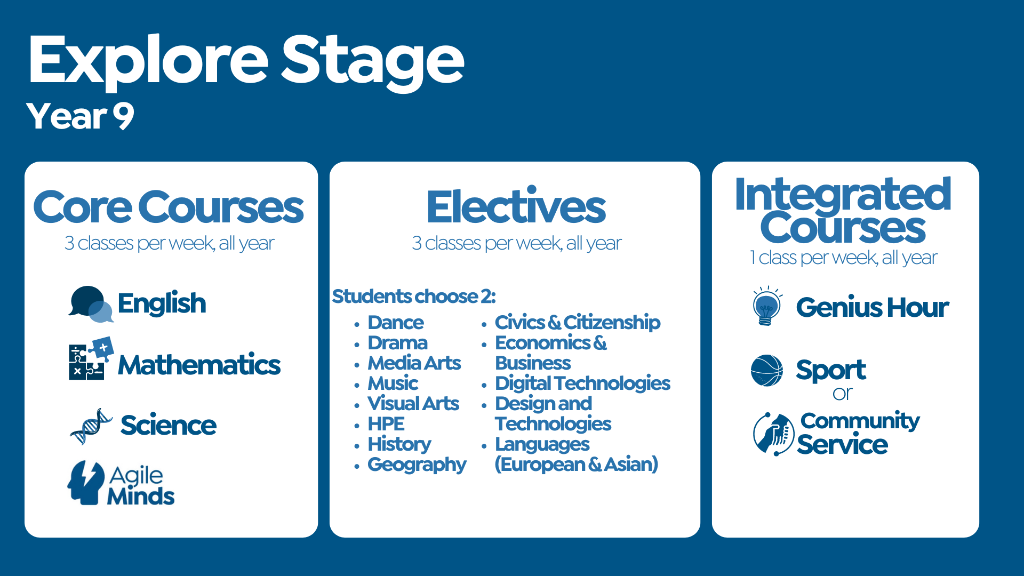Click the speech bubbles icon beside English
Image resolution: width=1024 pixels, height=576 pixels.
pos(90,304)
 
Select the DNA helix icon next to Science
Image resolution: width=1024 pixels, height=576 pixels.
pos(91,426)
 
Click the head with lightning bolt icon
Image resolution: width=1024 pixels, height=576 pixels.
pos(86,483)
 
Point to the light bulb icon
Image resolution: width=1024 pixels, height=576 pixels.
pos(766,306)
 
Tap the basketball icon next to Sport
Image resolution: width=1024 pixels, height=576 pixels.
pos(766,371)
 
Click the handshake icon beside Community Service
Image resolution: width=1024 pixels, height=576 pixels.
pos(773,434)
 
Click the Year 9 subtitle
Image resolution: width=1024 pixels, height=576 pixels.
pos(80,116)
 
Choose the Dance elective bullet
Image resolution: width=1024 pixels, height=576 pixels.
pos(395,323)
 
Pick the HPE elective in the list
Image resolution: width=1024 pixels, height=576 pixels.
pos(386,424)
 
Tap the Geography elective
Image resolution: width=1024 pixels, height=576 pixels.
pos(417,465)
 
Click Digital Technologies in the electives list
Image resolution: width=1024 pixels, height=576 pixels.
pos(582,383)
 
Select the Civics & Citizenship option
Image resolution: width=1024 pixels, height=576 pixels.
pos(577,323)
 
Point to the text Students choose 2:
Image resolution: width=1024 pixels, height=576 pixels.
pos(414,297)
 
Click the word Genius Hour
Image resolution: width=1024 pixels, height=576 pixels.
pos(872,308)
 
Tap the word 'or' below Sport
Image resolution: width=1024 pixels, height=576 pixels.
pos(842,394)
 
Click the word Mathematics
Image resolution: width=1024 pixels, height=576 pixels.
pos(199,365)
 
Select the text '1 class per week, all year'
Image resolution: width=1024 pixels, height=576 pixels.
pos(843,258)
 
